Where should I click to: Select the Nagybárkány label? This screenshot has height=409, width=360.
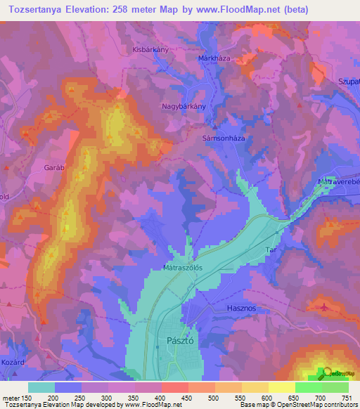click(x=183, y=106)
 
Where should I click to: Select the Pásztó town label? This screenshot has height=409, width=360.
click(x=182, y=339)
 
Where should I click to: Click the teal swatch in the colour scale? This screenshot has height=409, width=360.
click(x=41, y=387)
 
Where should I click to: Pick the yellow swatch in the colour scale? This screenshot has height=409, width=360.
click(x=281, y=387)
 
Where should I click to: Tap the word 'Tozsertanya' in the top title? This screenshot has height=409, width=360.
click(x=34, y=10)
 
